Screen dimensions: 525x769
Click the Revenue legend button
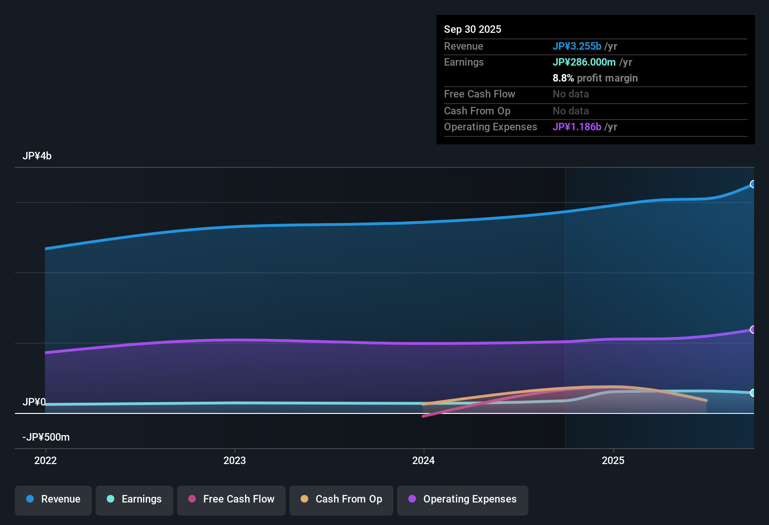coord(53,499)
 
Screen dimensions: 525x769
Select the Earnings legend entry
coord(134,499)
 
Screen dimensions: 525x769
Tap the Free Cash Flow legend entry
coord(231,499)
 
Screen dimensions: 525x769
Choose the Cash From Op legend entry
coord(341,499)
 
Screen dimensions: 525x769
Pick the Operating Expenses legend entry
coord(463,499)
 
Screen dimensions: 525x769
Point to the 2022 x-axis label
coord(45,460)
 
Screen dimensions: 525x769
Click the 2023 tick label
coord(235,460)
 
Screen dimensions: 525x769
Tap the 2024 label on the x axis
coord(423,460)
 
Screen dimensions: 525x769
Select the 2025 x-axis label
coord(613,460)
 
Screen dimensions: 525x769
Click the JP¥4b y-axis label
coord(37,156)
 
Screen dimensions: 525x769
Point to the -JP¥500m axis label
coord(46,437)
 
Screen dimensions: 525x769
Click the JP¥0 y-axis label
coord(34,402)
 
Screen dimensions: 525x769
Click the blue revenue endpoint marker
coord(753,184)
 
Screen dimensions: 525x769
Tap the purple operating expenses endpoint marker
coord(753,330)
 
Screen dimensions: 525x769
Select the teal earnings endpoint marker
coord(753,393)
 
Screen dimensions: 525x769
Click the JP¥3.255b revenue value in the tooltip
coord(577,46)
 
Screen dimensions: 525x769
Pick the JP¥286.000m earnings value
coord(584,62)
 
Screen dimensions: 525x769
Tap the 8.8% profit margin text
coord(595,78)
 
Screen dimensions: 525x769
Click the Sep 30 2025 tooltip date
coord(472,29)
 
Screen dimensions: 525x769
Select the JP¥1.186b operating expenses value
coord(577,127)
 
